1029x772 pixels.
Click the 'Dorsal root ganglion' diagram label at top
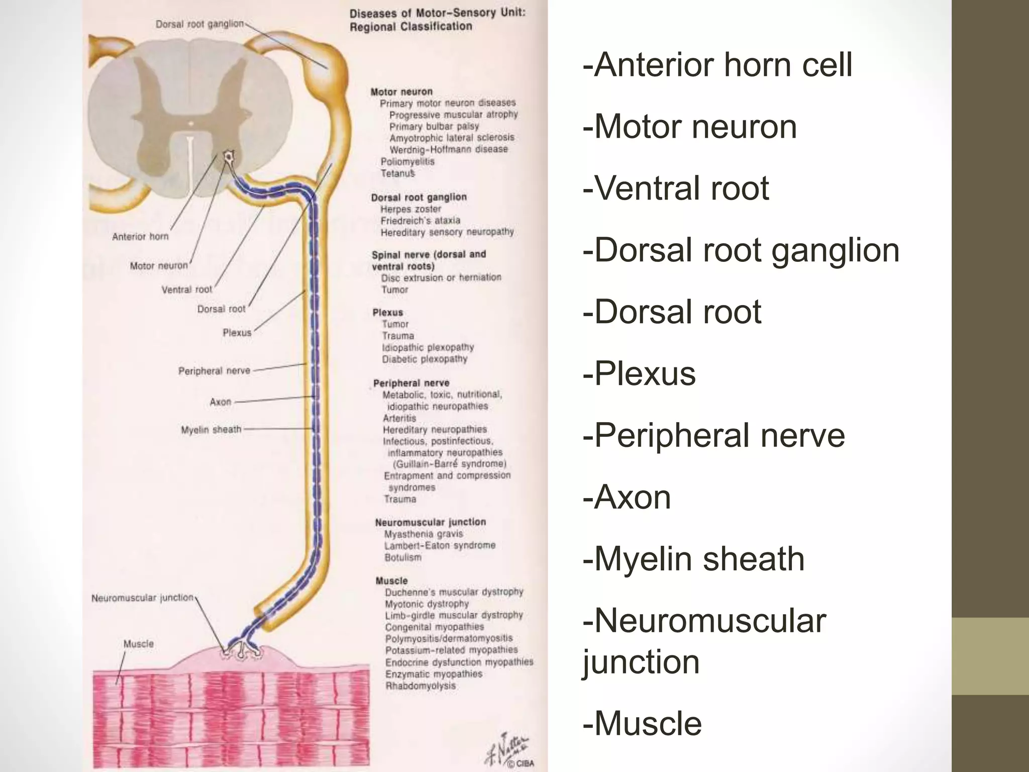pos(199,24)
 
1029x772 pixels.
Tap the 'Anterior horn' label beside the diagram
pos(140,236)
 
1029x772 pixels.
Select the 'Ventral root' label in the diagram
pos(186,289)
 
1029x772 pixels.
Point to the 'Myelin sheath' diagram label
pos(211,430)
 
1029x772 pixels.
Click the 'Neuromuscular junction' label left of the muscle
pos(142,598)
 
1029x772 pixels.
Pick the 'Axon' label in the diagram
pos(220,402)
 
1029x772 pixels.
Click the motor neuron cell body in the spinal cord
pos(229,158)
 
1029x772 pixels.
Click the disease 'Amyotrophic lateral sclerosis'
pos(452,138)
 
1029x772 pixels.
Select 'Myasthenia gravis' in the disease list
pos(423,534)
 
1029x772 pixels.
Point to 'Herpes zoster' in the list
pos(410,209)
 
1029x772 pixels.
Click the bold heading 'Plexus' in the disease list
pos(387,312)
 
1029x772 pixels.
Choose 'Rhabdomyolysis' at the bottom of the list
pos(420,686)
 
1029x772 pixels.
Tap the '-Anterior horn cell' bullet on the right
pos(717,65)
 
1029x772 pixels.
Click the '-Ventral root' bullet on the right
pos(675,188)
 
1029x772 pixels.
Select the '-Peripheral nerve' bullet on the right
pos(713,435)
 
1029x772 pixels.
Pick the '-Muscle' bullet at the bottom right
pos(642,723)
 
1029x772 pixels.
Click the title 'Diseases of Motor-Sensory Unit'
pos(437,14)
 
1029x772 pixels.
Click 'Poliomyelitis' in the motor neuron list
pos(407,162)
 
